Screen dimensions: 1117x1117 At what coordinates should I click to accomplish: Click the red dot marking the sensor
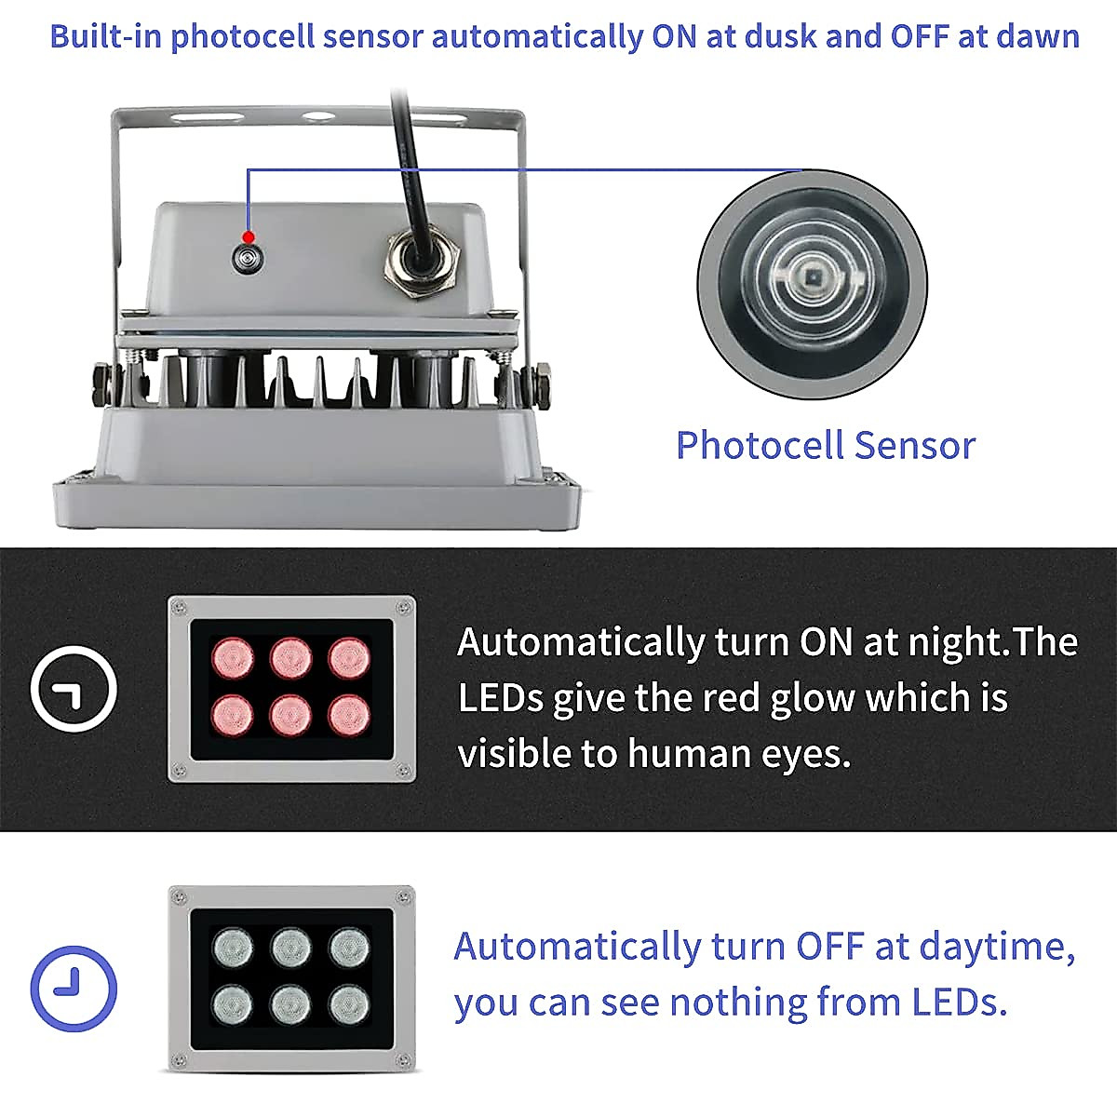(x=248, y=236)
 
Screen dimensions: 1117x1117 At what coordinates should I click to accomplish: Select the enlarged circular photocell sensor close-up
(x=812, y=284)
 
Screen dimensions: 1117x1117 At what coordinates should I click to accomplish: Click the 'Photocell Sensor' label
(x=825, y=445)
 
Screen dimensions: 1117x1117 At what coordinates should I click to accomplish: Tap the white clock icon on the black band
(x=74, y=690)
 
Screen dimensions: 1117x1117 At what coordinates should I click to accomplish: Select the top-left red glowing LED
(x=233, y=657)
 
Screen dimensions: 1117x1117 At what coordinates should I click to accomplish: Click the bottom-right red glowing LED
(x=349, y=715)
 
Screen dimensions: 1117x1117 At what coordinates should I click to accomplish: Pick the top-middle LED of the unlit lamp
(x=290, y=948)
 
